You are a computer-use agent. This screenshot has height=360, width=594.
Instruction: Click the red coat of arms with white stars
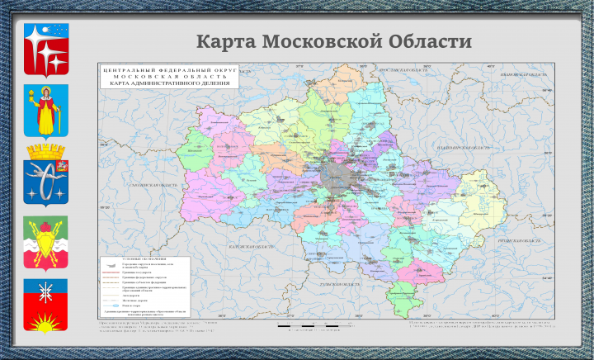coord(46,50)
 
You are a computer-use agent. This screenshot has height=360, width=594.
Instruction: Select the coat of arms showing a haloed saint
coord(46,110)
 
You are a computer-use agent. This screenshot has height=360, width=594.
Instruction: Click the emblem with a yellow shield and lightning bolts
coord(46,244)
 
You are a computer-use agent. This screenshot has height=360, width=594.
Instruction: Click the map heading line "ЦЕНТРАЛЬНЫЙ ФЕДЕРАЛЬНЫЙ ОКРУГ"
coord(169,72)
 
